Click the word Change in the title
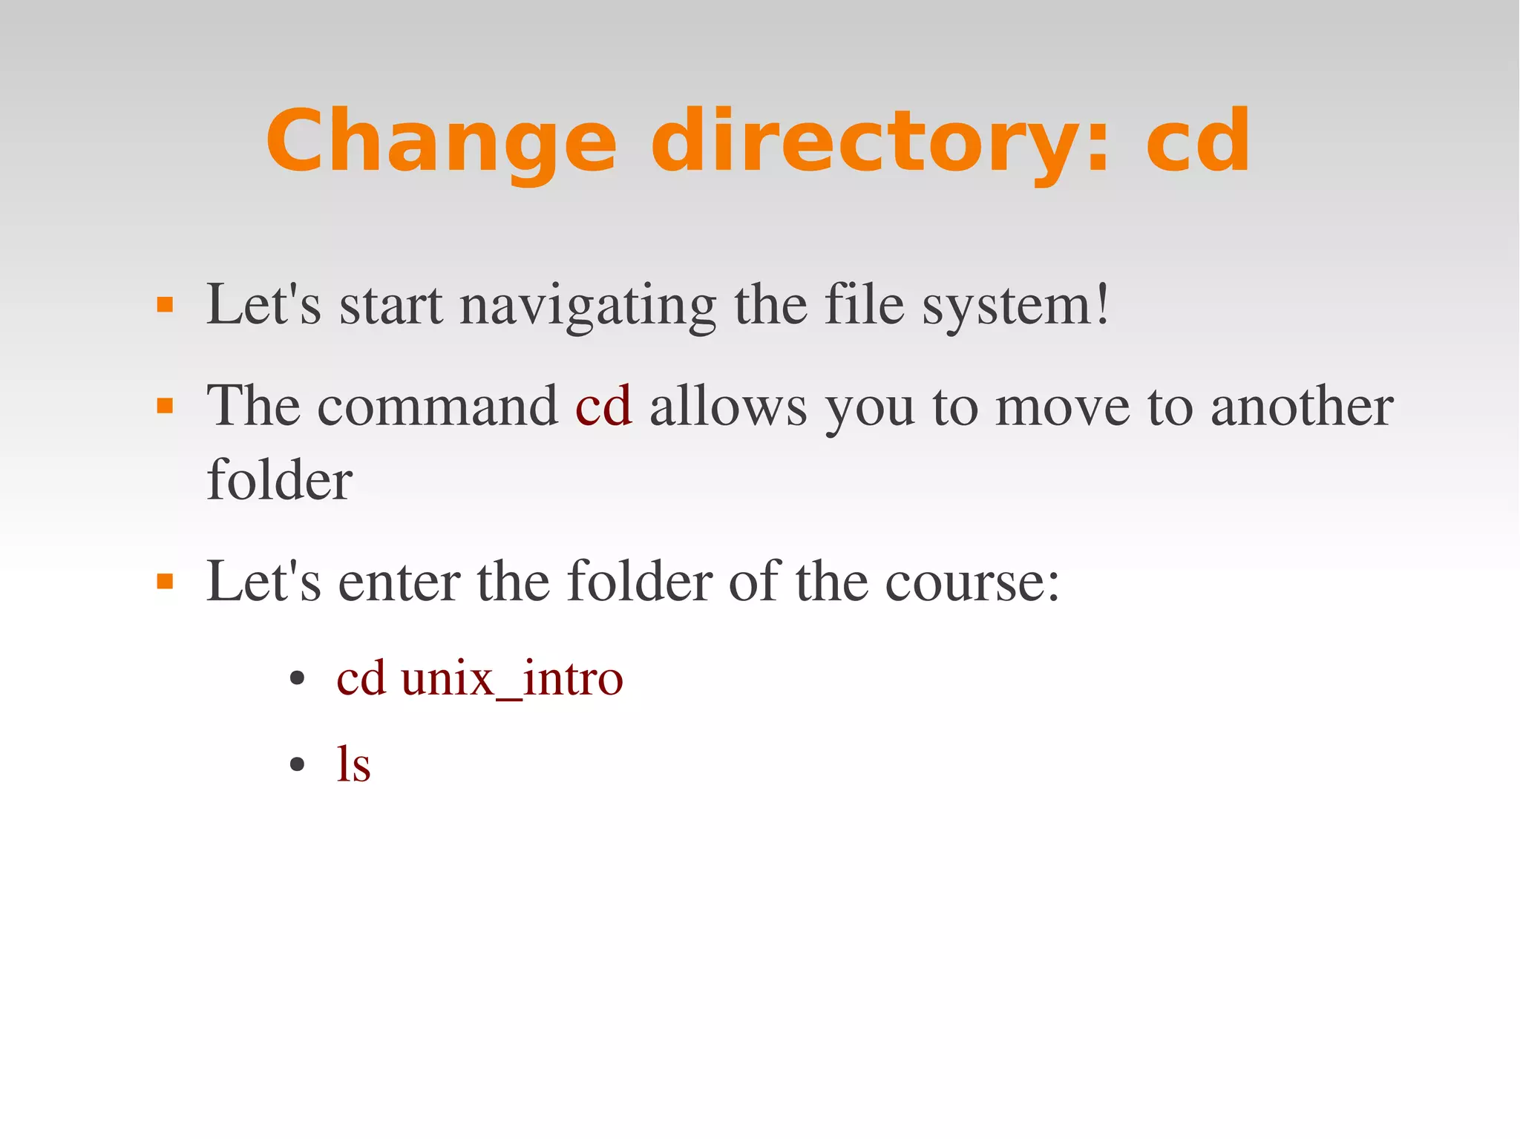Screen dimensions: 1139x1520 pyautogui.click(x=442, y=141)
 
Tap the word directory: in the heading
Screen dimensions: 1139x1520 pyautogui.click(x=880, y=141)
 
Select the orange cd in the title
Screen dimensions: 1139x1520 pyautogui.click(x=1198, y=141)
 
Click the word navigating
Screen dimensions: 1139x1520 pyautogui.click(x=588, y=306)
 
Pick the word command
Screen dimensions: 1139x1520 pyautogui.click(x=438, y=407)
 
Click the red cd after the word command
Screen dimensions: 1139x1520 pyautogui.click(x=603, y=407)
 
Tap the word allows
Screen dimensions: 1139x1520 pyautogui.click(x=728, y=407)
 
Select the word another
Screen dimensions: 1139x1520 pyautogui.click(x=1302, y=407)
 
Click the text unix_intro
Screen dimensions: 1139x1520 pyautogui.click(x=512, y=678)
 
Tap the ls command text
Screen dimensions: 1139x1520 pyautogui.click(x=353, y=764)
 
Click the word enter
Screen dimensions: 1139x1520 pyautogui.click(x=399, y=582)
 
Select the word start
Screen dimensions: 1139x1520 pyautogui.click(x=391, y=306)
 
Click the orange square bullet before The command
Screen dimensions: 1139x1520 pyautogui.click(x=165, y=406)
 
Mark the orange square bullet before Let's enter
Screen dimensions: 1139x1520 pyautogui.click(x=165, y=581)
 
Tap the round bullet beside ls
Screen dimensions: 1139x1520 pyautogui.click(x=298, y=764)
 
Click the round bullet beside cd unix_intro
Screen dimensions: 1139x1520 pyautogui.click(x=298, y=678)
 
